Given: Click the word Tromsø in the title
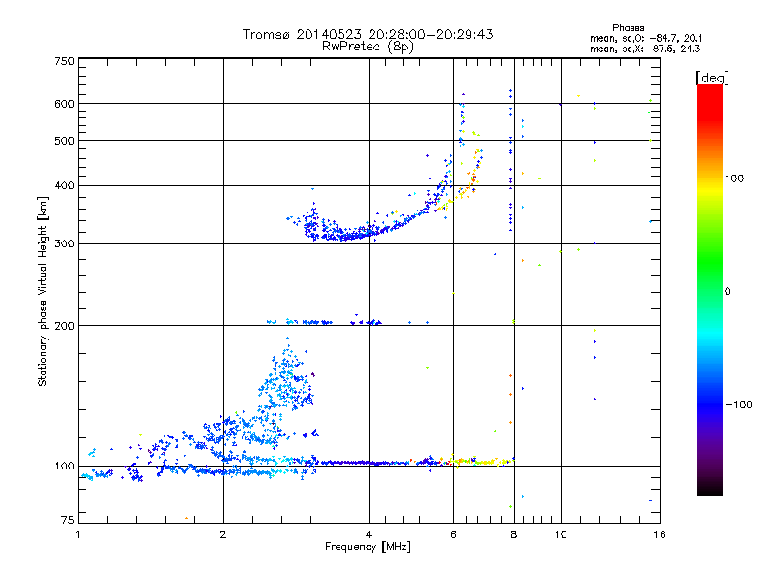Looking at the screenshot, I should pyautogui.click(x=265, y=34).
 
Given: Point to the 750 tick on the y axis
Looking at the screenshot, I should pyautogui.click(x=63, y=60).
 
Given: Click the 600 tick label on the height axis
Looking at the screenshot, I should pyautogui.click(x=63, y=103).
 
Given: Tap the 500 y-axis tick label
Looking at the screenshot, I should pyautogui.click(x=63, y=141).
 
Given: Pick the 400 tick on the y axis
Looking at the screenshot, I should pyautogui.click(x=63, y=185).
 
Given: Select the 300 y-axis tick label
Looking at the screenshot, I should pyautogui.click(x=63, y=243).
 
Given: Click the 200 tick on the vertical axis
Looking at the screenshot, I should pyautogui.click(x=63, y=325).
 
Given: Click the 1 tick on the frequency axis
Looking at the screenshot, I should pyautogui.click(x=78, y=534).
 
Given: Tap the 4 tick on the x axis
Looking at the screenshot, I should pyautogui.click(x=369, y=534).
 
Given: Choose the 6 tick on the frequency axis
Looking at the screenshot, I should pyautogui.click(x=453, y=534).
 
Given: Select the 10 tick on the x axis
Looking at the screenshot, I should pyautogui.click(x=560, y=534).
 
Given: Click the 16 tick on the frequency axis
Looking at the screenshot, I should pyautogui.click(x=659, y=534).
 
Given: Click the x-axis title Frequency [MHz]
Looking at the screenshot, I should pyautogui.click(x=368, y=548).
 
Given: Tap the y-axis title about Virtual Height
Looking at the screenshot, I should pyautogui.click(x=43, y=291).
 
